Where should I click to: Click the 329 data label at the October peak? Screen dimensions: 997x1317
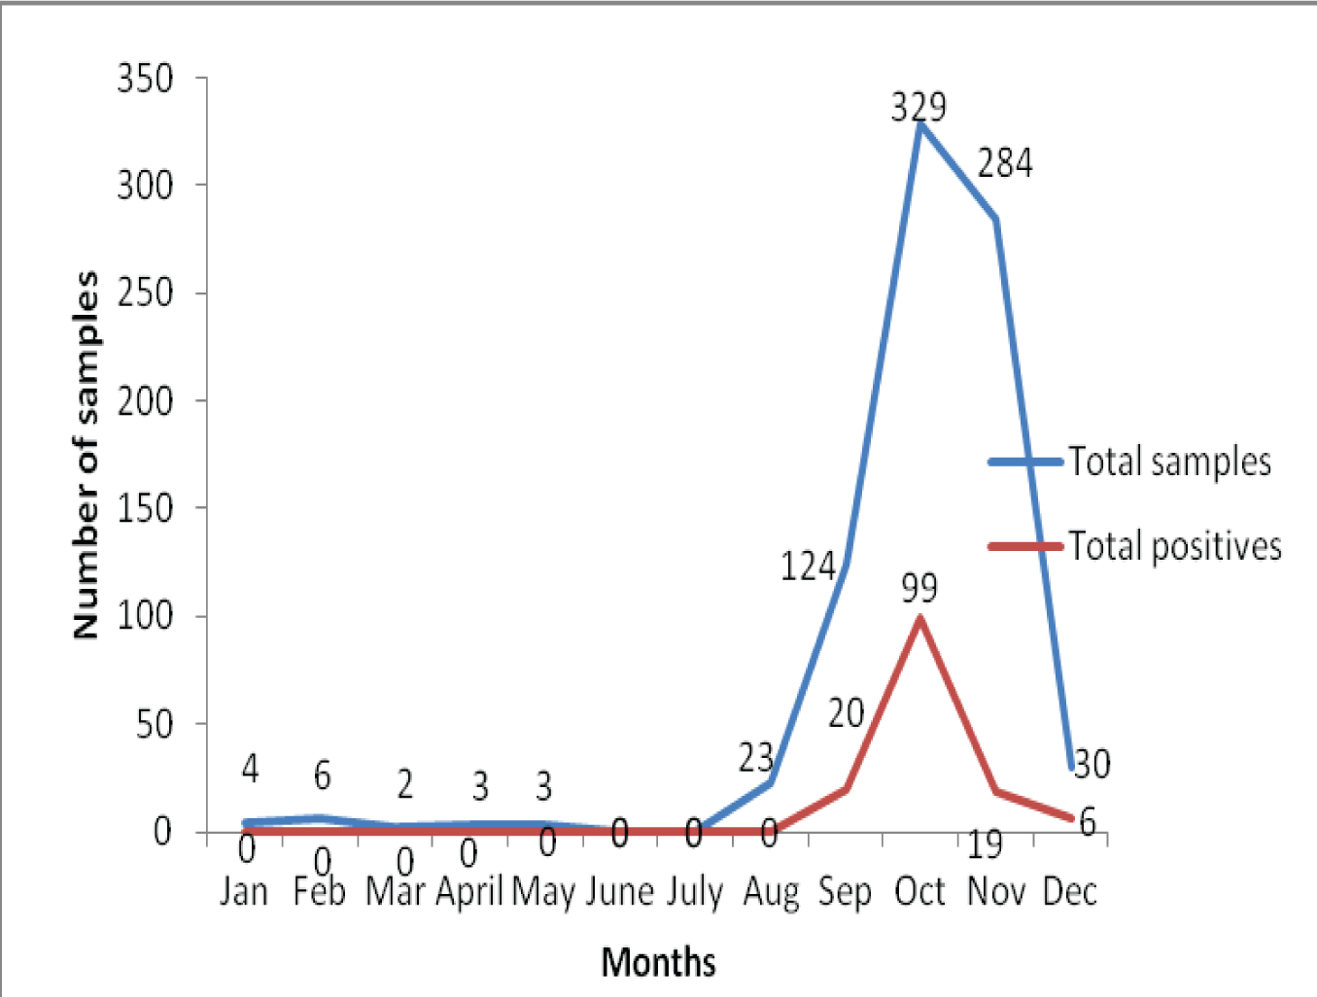(x=918, y=106)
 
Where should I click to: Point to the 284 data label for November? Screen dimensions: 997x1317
(x=1005, y=163)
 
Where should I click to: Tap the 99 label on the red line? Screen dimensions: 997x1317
(x=919, y=587)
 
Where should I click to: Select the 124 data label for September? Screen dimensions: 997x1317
(x=808, y=566)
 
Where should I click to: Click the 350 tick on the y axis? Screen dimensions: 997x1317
(x=146, y=78)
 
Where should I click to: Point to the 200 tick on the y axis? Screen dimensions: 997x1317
(x=146, y=400)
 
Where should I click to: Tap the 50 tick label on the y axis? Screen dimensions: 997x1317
(x=155, y=724)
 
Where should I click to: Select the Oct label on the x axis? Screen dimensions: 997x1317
(x=919, y=891)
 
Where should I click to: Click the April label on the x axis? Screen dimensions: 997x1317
(x=469, y=891)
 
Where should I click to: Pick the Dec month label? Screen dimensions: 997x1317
(x=1069, y=891)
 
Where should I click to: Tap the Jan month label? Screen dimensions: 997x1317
(x=243, y=891)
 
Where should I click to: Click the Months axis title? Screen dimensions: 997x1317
(x=659, y=962)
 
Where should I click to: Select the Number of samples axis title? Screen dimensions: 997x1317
(x=87, y=455)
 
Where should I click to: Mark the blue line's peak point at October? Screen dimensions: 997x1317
(x=919, y=124)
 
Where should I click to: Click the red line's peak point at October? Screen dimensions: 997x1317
(x=919, y=618)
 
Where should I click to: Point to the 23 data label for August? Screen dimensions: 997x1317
(x=755, y=758)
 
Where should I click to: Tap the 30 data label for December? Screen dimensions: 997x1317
(x=1092, y=764)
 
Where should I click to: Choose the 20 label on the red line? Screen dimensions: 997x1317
(x=846, y=713)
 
